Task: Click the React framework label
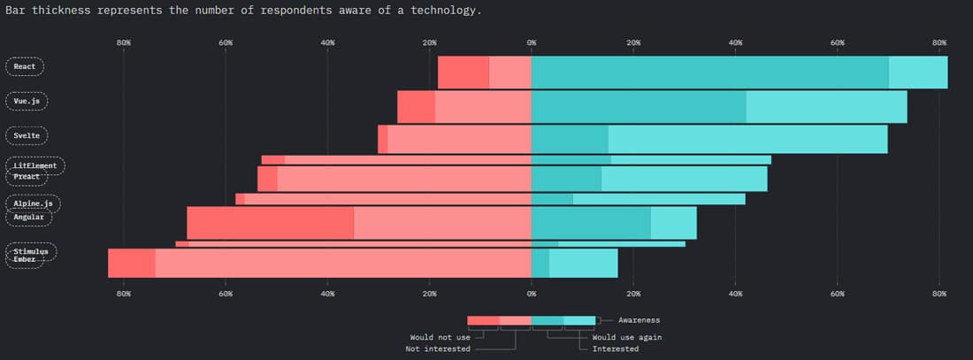(25, 66)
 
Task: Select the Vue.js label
(27, 102)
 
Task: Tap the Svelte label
(27, 136)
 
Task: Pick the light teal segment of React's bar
(917, 72)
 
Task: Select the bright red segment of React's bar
(463, 72)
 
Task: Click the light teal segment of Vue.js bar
(826, 106)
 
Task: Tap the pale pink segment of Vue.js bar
(483, 106)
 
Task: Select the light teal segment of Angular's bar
(673, 223)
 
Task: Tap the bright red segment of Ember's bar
(131, 263)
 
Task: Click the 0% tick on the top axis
(532, 42)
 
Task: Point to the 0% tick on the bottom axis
(532, 293)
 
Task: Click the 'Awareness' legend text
(639, 320)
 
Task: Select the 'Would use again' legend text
(627, 337)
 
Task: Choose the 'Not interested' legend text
(439, 349)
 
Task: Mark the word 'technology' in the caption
(438, 11)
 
